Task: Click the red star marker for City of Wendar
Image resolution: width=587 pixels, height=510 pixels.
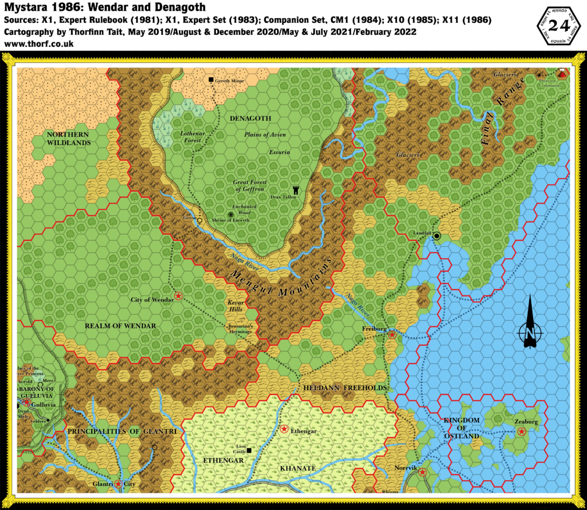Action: pyautogui.click(x=178, y=295)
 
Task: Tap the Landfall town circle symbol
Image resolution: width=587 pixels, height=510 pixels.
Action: pyautogui.click(x=437, y=235)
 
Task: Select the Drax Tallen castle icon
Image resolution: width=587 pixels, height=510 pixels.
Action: pyautogui.click(x=296, y=189)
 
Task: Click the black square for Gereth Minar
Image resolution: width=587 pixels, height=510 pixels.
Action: pyautogui.click(x=211, y=80)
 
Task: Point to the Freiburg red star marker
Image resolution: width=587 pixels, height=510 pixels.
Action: pyautogui.click(x=392, y=334)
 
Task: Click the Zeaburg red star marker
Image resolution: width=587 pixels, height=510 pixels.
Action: pyautogui.click(x=521, y=431)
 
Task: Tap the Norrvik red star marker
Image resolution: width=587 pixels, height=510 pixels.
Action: pyautogui.click(x=422, y=472)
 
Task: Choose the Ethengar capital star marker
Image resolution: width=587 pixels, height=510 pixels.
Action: pyautogui.click(x=284, y=428)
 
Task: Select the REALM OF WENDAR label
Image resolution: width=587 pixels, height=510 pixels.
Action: pyautogui.click(x=120, y=326)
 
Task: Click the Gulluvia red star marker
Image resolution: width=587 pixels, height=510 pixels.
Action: pyautogui.click(x=26, y=402)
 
